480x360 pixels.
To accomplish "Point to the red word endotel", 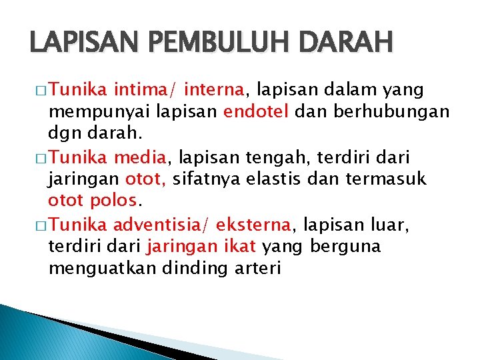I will [255, 111].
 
